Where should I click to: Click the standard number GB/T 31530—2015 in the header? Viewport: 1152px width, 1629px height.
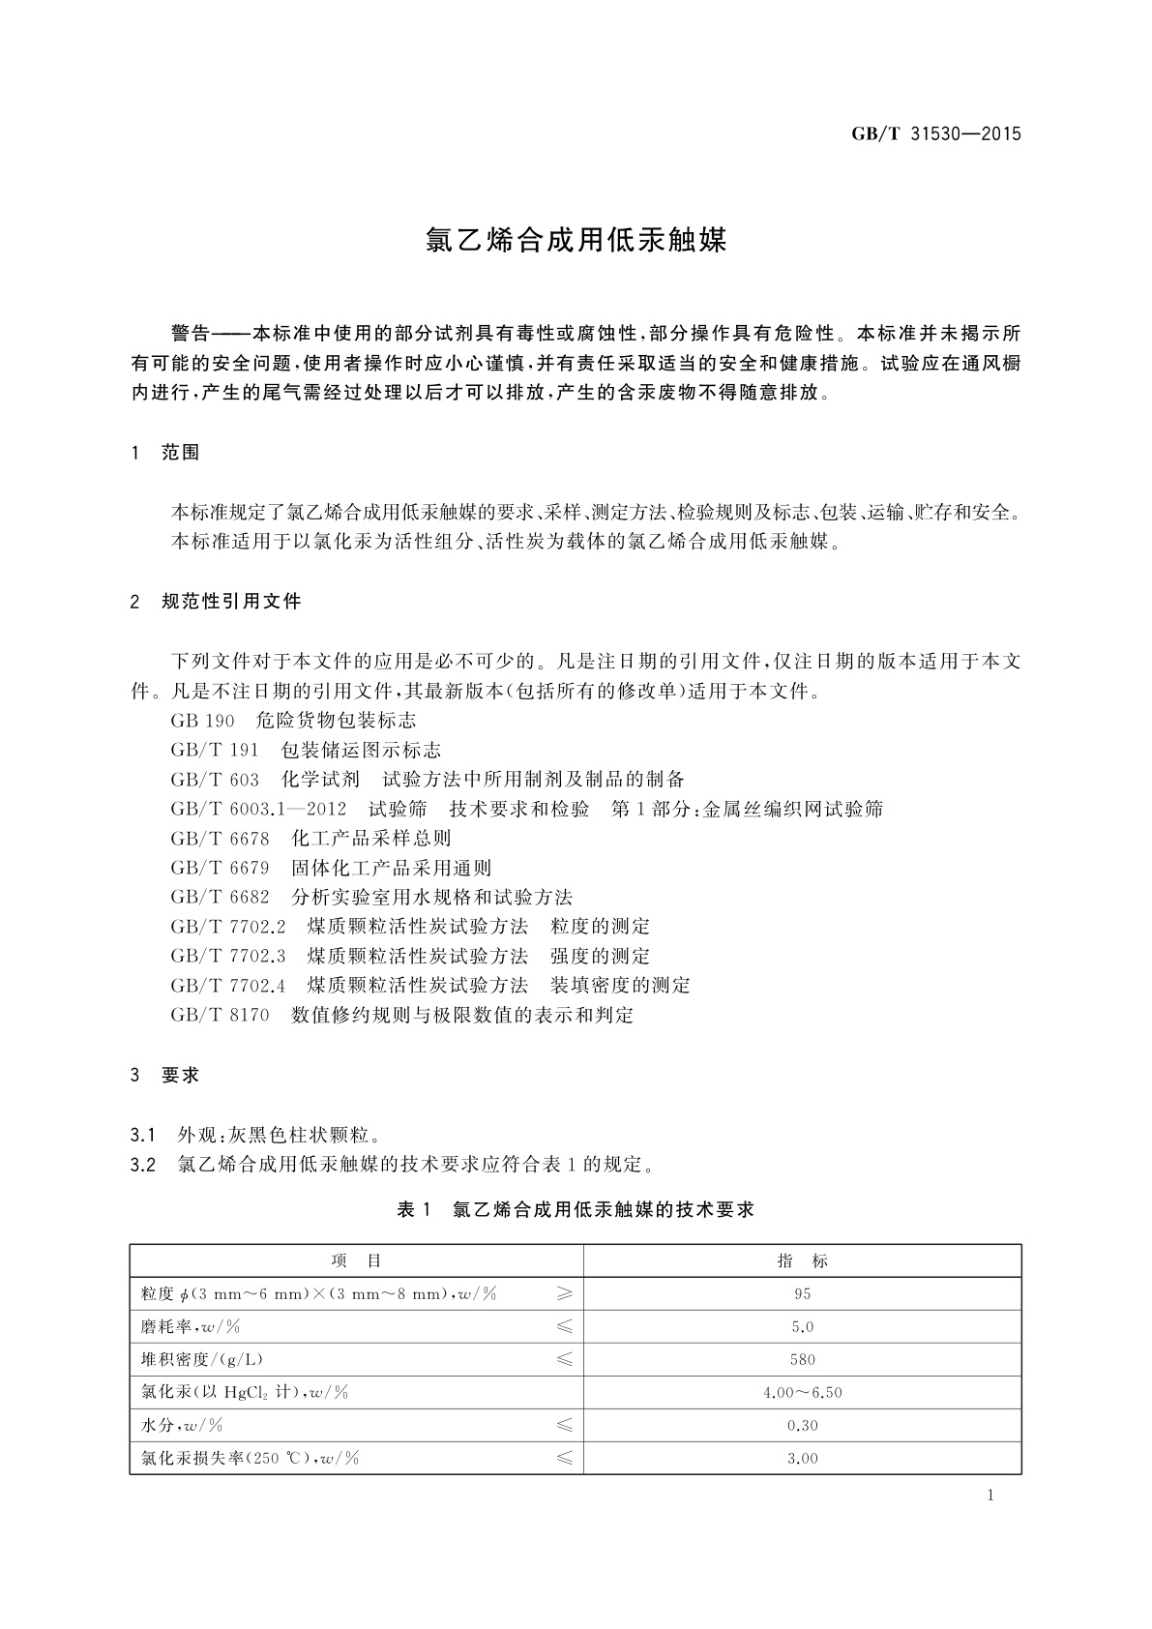(x=935, y=134)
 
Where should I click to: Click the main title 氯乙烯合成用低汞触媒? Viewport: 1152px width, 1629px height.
(x=576, y=241)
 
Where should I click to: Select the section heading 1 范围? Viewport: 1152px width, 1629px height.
(x=165, y=453)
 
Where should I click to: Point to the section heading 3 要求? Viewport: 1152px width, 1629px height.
(x=165, y=1075)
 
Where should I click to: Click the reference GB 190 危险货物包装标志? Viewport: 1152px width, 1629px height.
(x=293, y=721)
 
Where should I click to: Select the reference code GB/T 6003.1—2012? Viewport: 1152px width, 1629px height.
(x=257, y=809)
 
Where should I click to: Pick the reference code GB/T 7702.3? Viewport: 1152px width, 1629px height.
(x=228, y=956)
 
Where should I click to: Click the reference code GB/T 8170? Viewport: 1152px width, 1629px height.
(x=220, y=1015)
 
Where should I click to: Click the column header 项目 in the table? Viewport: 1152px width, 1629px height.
(x=356, y=1260)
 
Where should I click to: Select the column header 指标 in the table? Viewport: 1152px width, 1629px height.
(x=802, y=1260)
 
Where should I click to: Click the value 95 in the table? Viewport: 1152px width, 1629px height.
(x=802, y=1293)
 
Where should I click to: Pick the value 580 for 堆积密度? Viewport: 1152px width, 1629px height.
(x=802, y=1359)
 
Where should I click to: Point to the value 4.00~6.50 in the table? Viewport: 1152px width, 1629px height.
(x=802, y=1392)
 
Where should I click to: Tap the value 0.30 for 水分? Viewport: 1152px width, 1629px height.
(x=802, y=1425)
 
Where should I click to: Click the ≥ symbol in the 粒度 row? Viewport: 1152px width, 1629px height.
(x=565, y=1293)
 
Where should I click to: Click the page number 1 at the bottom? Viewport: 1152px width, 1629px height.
(x=990, y=1496)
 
